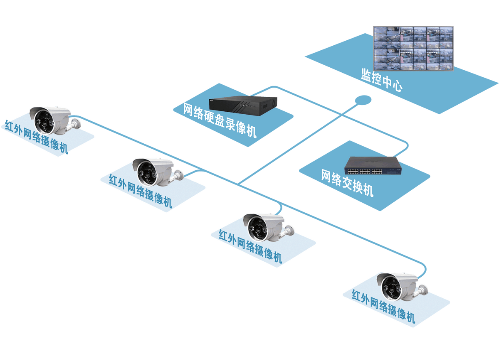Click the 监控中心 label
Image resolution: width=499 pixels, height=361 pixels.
pyautogui.click(x=382, y=80)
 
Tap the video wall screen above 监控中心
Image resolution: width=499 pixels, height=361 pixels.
pyautogui.click(x=413, y=49)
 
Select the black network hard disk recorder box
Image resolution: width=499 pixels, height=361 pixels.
pyautogui.click(x=243, y=106)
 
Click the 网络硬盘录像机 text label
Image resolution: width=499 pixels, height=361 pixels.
pyautogui.click(x=220, y=120)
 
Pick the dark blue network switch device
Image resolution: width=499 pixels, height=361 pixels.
pyautogui.click(x=373, y=166)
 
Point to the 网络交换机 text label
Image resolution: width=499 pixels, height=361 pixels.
pyautogui.click(x=347, y=183)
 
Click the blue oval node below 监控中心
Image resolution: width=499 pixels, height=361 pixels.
pyautogui.click(x=363, y=100)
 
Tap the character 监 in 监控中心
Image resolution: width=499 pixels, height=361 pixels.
pyautogui.click(x=366, y=74)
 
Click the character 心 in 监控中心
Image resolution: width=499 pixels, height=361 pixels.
pyautogui.click(x=397, y=86)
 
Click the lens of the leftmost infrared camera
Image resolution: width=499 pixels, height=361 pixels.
pyautogui.click(x=44, y=123)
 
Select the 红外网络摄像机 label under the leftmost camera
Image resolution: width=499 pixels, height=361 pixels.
pyautogui.click(x=36, y=137)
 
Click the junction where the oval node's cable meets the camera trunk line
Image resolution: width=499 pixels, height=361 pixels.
pyautogui.click(x=238, y=184)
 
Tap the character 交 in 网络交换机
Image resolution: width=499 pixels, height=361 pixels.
pyautogui.click(x=348, y=183)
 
